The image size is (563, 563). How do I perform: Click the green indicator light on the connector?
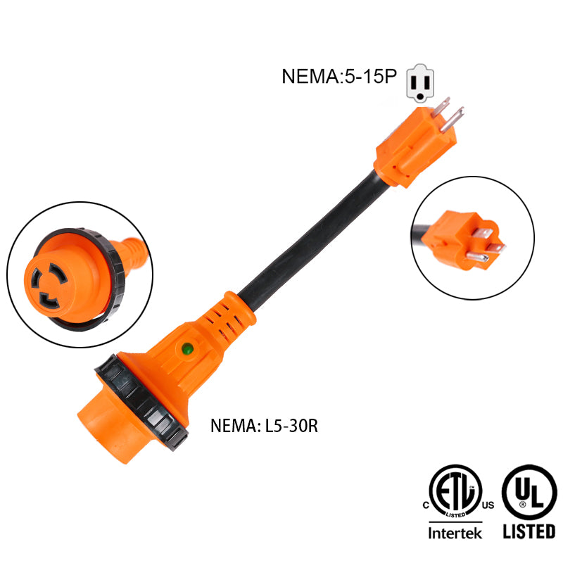(187, 348)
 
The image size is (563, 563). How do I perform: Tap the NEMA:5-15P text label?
(339, 76)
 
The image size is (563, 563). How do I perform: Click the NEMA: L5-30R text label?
(264, 426)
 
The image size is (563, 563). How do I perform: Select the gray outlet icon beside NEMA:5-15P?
(419, 82)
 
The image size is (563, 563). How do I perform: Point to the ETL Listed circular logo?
(455, 492)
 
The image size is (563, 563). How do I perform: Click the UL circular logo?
(530, 492)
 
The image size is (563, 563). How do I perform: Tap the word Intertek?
(455, 533)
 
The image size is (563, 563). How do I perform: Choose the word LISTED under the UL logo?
(529, 531)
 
